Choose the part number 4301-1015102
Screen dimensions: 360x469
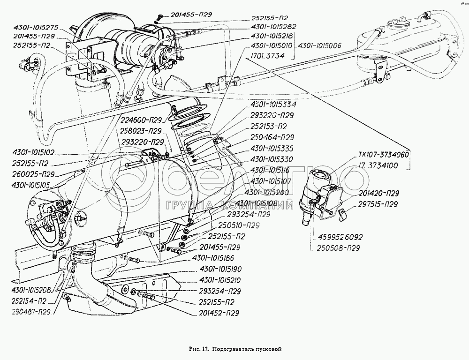tap(34, 152)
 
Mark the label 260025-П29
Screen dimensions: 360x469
tap(35, 174)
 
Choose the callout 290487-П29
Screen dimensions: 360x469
tap(26, 311)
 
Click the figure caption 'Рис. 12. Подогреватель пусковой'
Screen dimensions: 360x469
tap(235, 349)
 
